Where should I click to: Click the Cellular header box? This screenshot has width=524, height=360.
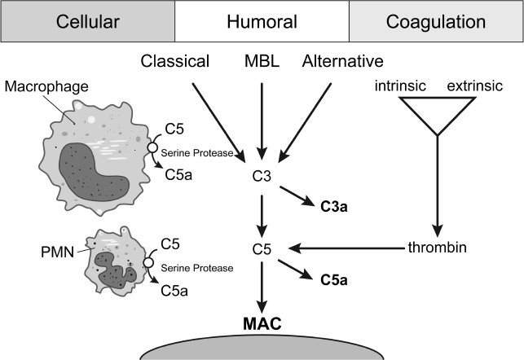(87, 20)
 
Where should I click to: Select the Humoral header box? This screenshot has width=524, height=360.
(261, 20)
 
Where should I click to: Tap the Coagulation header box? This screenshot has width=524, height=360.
(436, 20)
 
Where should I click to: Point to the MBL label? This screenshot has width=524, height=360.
(262, 61)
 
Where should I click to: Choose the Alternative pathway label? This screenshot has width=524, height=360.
(344, 61)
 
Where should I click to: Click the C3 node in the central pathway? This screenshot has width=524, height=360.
(262, 174)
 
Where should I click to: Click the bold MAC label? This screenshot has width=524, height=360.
(262, 323)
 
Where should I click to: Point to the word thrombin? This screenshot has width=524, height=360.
(438, 248)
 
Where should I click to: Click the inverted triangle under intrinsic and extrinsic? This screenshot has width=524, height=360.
(439, 114)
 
